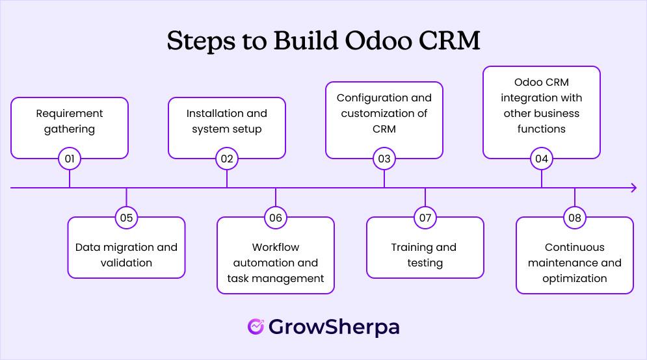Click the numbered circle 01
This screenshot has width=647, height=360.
(70, 159)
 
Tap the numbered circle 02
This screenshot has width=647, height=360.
(227, 159)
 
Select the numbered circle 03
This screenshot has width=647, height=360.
(384, 159)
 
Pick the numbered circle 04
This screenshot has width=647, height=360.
(542, 159)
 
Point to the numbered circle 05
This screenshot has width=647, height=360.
(126, 218)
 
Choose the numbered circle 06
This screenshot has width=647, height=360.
(276, 218)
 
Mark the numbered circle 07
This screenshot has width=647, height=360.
(425, 218)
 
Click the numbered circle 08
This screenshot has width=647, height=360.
(575, 218)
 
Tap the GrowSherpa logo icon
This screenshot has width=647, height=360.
(256, 326)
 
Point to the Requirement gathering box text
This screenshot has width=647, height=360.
(70, 121)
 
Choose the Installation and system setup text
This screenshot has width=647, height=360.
(227, 121)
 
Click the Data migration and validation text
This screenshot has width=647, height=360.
(126, 255)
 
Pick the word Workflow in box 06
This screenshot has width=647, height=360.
(276, 247)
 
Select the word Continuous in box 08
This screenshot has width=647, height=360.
(575, 247)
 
